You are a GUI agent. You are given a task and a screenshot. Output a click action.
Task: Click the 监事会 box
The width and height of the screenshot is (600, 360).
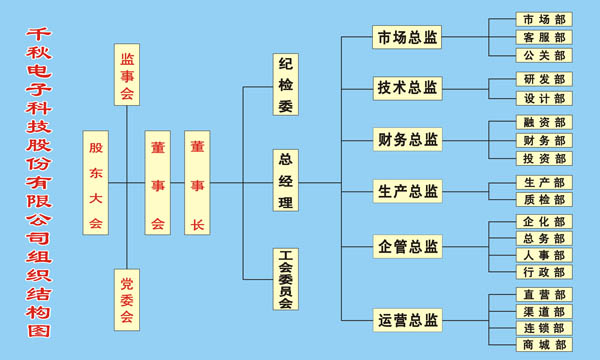click(x=127, y=74)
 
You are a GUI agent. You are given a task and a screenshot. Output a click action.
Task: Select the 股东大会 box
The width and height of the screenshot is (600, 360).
click(x=96, y=183)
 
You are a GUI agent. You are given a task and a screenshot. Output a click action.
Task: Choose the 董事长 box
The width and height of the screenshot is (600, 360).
click(x=197, y=183)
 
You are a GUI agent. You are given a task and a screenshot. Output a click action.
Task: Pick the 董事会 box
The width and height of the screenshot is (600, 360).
click(x=157, y=183)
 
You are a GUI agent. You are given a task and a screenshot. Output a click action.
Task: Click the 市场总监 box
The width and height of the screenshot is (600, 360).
click(x=407, y=38)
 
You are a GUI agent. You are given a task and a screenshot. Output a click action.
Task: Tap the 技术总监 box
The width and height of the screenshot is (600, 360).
click(x=407, y=88)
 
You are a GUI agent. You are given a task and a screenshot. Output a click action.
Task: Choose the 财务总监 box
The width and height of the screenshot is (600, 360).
click(x=407, y=139)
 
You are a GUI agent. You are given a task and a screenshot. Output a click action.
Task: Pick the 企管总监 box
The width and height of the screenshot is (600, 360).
click(x=407, y=246)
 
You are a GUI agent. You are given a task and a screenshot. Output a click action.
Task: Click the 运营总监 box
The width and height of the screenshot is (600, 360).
click(x=407, y=321)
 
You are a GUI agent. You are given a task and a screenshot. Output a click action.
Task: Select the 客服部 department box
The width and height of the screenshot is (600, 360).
click(x=544, y=37)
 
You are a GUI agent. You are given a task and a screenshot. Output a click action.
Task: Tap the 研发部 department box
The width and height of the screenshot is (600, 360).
click(x=544, y=79)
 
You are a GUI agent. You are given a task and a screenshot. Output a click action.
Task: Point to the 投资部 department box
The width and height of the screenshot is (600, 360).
click(x=544, y=158)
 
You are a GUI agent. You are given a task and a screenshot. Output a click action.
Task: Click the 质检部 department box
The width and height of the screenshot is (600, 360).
click(x=544, y=200)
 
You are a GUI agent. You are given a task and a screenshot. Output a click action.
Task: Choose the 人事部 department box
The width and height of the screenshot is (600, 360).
click(x=544, y=255)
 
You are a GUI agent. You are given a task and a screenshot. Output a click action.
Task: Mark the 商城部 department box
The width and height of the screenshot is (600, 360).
click(x=544, y=345)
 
